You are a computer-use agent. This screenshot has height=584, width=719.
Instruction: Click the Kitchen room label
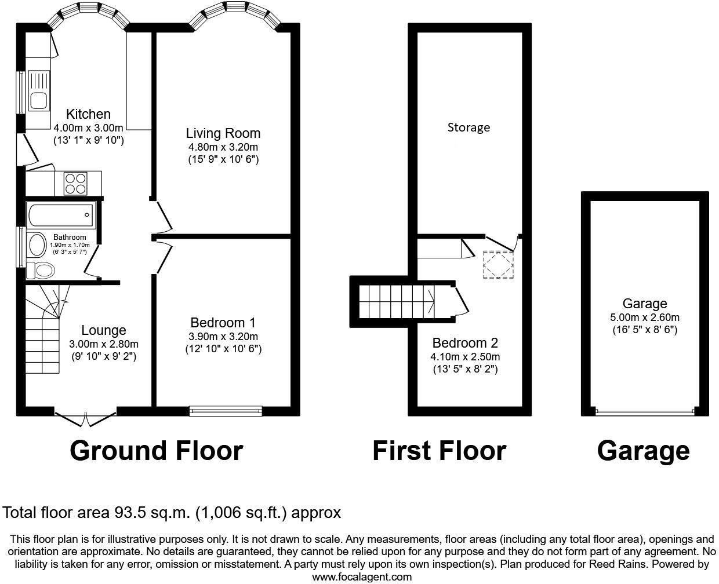click(88, 114)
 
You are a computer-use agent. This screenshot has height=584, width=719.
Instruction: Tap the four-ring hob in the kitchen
click(75, 184)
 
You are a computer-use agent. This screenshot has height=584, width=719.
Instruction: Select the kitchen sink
click(39, 100)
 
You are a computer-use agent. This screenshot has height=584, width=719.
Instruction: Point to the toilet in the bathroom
click(42, 270)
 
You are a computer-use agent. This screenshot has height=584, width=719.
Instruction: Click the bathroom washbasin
click(38, 245)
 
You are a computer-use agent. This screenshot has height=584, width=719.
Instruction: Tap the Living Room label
click(223, 133)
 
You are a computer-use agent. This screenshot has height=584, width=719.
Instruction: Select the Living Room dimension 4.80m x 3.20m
click(223, 147)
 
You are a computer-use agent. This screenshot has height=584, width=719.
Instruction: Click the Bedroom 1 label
click(223, 323)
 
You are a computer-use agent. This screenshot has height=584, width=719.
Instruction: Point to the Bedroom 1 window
click(226, 411)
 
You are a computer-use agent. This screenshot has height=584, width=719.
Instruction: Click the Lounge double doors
click(85, 417)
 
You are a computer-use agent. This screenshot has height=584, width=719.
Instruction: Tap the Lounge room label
click(103, 330)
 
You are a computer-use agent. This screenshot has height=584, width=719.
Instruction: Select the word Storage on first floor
click(469, 127)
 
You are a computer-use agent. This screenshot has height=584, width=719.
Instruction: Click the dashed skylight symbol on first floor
click(499, 265)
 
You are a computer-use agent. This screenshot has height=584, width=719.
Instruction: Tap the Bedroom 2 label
click(465, 342)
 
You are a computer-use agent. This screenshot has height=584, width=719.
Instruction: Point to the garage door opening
click(644, 412)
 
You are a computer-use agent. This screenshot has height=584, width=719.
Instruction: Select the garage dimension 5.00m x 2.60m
click(644, 317)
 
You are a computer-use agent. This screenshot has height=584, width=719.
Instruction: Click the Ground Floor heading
click(156, 451)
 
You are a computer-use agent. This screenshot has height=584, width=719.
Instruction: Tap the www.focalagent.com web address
click(362, 576)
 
